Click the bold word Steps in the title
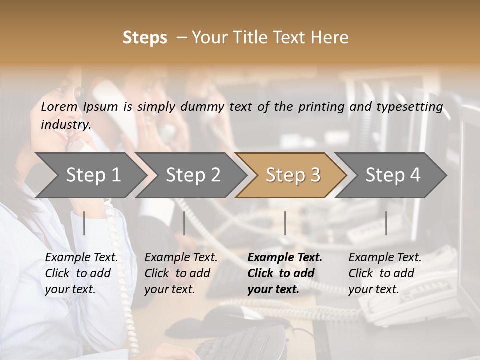(x=145, y=38)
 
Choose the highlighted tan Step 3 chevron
(x=293, y=175)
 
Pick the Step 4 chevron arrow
(x=393, y=175)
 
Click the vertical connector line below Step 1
(x=84, y=223)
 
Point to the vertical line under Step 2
(x=184, y=223)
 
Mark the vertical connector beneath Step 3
(x=285, y=223)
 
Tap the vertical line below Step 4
(x=386, y=223)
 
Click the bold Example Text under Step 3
(x=285, y=273)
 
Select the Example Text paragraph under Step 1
(x=81, y=273)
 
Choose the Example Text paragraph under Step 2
(x=181, y=273)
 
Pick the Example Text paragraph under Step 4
(x=385, y=273)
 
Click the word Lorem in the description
(x=59, y=106)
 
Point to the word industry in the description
(x=66, y=125)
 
